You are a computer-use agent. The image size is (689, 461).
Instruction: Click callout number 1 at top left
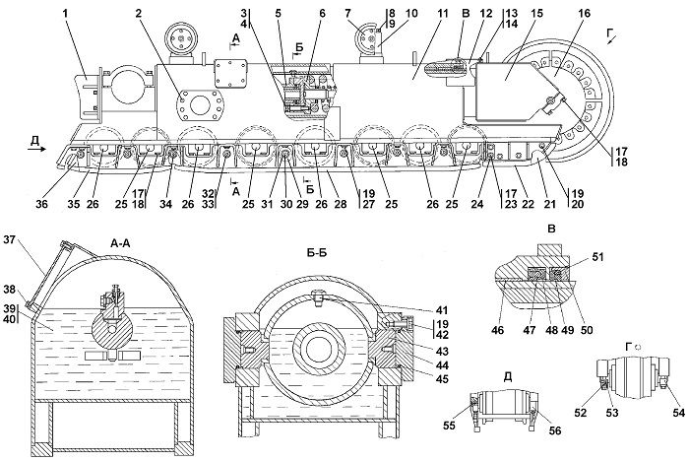pyautogui.click(x=66, y=13)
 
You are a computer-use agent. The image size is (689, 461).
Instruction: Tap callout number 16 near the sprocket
pyautogui.click(x=585, y=13)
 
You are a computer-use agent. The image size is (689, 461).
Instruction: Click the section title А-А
pyautogui.click(x=121, y=243)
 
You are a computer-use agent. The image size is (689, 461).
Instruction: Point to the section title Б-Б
pyautogui.click(x=317, y=253)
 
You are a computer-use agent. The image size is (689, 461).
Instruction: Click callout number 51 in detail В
pyautogui.click(x=596, y=256)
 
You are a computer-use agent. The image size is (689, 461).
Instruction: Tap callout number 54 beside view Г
pyautogui.click(x=678, y=412)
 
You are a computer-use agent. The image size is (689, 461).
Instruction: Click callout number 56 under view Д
pyautogui.click(x=555, y=430)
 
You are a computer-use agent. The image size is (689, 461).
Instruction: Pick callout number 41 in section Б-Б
pyautogui.click(x=442, y=310)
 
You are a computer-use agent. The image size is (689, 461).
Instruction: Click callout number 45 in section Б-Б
pyautogui.click(x=442, y=378)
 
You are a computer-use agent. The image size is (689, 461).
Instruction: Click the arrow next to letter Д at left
pyautogui.click(x=36, y=149)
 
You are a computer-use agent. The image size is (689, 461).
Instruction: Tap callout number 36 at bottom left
pyautogui.click(x=42, y=204)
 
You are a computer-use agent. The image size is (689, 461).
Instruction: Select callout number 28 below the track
pyautogui.click(x=340, y=204)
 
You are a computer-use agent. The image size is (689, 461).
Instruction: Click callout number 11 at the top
pyautogui.click(x=443, y=13)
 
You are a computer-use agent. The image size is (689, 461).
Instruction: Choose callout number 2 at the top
pyautogui.click(x=140, y=13)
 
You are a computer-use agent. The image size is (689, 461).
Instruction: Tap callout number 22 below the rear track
pyautogui.click(x=530, y=204)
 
